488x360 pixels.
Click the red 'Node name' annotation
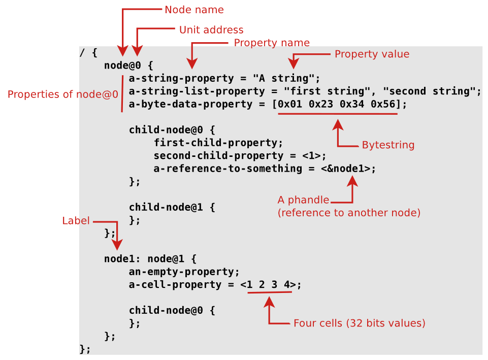pyautogui.click(x=194, y=10)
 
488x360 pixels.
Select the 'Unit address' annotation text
pyautogui.click(x=211, y=30)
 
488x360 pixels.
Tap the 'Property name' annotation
pyautogui.click(x=272, y=43)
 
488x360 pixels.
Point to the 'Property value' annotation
pyautogui.click(x=372, y=54)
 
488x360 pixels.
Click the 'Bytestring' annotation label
pyautogui.click(x=388, y=145)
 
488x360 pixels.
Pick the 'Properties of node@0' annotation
pyautogui.click(x=63, y=94)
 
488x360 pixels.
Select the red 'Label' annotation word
pyautogui.click(x=76, y=220)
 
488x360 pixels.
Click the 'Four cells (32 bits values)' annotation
pyautogui.click(x=360, y=323)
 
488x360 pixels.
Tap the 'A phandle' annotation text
pyautogui.click(x=304, y=200)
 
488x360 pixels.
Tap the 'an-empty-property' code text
pyautogui.click(x=181, y=272)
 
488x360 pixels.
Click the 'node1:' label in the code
pyautogui.click(x=122, y=259)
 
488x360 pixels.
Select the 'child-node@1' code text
pyautogui.click(x=166, y=207)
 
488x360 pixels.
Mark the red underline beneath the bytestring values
pyautogui.click(x=338, y=114)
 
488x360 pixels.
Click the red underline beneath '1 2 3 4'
pyautogui.click(x=270, y=292)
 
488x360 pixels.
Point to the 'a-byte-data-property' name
pyautogui.click(x=190, y=104)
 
